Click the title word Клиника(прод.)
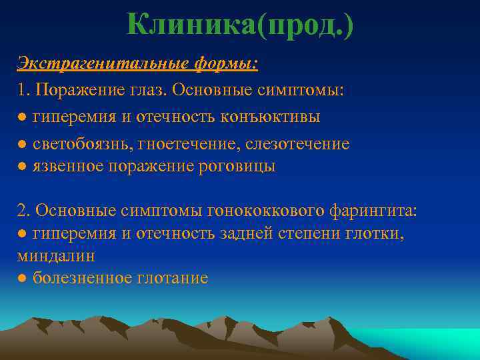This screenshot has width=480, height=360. tap(240, 25)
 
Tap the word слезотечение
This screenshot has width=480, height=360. tap(297, 143)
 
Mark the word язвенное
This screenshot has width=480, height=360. tap(68, 167)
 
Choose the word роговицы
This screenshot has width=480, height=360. tap(237, 167)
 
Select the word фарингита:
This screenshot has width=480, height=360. tap(374, 211)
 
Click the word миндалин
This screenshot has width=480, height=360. tap(55, 255)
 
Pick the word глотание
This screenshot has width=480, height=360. tap(175, 278)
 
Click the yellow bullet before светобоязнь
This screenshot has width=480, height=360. tap(22, 144)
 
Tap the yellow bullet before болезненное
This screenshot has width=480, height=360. tap(22, 278)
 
